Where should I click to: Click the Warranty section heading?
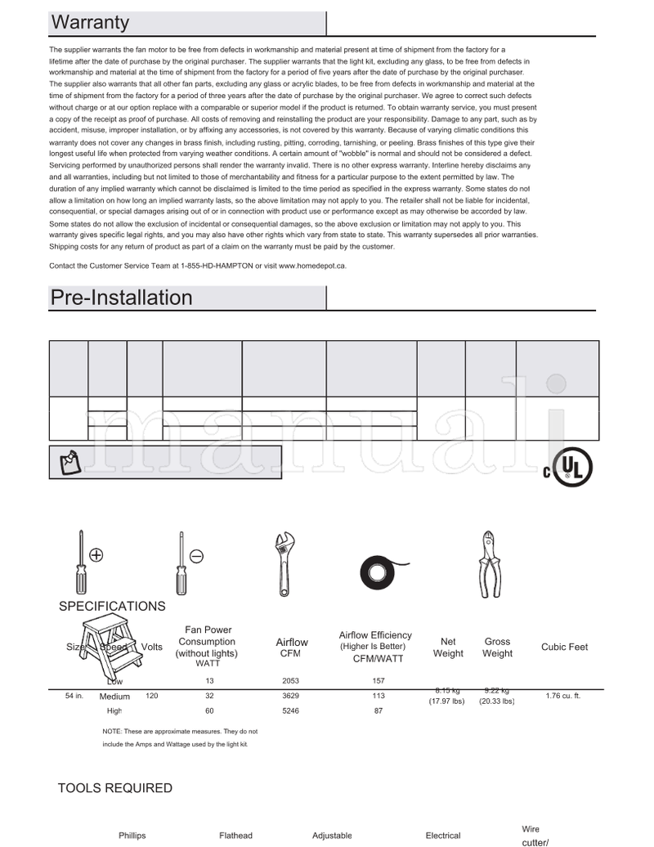point(90,23)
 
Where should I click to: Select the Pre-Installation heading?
point(122,298)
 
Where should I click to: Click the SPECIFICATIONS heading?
point(112,607)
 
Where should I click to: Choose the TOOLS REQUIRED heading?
point(115,788)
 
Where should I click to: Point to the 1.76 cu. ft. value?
point(564,696)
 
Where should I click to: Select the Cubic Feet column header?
point(564,647)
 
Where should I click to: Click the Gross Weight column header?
point(497,648)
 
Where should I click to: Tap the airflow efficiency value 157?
point(379,681)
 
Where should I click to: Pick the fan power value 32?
point(209,696)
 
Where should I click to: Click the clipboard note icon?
point(70,463)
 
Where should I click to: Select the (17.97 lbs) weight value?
point(447,701)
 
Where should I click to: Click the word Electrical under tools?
point(443,836)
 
